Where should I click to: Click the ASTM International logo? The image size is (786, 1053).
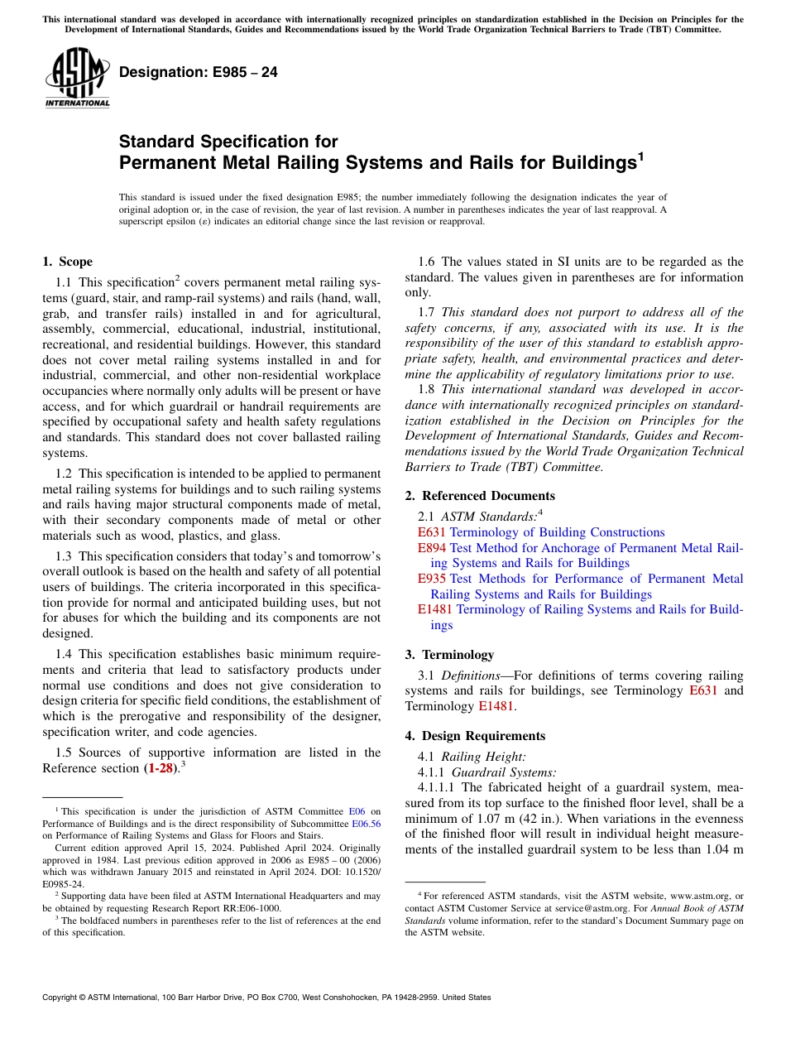(77, 78)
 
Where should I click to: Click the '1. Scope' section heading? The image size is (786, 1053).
(67, 262)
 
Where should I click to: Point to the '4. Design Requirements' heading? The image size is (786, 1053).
(475, 736)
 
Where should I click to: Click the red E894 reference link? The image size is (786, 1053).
(432, 548)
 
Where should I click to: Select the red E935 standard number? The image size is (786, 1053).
(432, 579)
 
